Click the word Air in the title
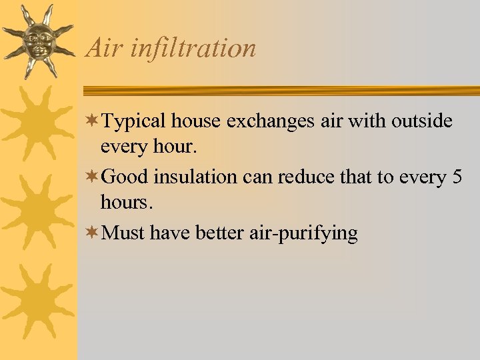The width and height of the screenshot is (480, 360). [x=101, y=48]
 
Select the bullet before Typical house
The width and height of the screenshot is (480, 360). [x=95, y=121]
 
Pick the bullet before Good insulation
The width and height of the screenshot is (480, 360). [x=95, y=177]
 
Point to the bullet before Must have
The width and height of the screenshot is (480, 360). [x=95, y=233]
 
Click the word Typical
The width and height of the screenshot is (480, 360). [x=135, y=122]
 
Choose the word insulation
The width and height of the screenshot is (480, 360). [x=195, y=177]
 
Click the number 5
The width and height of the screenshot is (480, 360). [x=456, y=177]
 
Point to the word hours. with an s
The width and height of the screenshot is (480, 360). [x=127, y=201]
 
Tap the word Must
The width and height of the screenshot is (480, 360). [x=125, y=233]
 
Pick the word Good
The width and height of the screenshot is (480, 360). [x=127, y=177]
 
